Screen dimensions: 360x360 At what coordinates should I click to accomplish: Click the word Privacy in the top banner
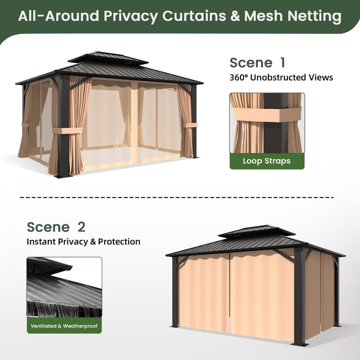130,16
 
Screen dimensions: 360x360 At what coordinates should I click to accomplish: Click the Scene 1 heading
257,63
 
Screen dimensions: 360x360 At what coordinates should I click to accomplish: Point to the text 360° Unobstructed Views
281,77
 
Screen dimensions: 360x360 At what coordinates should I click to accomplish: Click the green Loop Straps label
267,161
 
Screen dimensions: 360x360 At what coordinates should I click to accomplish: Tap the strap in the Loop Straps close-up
267,114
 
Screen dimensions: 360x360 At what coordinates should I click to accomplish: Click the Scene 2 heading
56,227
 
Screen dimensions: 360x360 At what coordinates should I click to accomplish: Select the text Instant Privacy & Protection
83,242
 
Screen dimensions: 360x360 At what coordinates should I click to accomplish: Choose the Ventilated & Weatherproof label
64,326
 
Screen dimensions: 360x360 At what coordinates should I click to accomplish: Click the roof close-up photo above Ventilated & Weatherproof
64,287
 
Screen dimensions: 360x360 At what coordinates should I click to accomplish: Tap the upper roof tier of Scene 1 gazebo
108,57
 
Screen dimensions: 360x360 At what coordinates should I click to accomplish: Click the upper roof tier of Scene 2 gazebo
257,231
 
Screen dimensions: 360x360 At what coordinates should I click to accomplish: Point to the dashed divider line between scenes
177,197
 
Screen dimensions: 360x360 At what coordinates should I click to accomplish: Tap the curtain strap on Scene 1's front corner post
67,130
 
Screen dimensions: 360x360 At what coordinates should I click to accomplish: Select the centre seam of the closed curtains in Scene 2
230,292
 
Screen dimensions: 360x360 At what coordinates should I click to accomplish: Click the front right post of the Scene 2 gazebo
300,296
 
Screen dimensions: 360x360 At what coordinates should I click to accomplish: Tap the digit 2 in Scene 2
81,227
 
